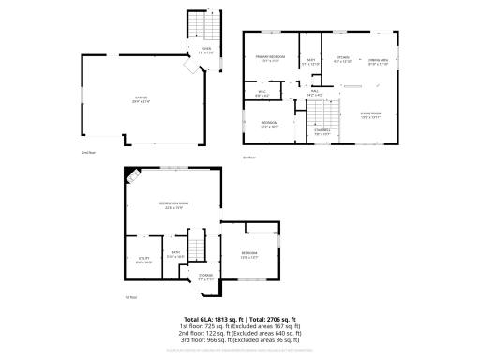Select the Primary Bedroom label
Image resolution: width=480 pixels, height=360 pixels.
[x=271, y=58]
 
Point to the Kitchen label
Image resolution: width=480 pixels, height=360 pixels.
[x=343, y=58]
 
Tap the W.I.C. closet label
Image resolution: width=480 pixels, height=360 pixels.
[x=262, y=93]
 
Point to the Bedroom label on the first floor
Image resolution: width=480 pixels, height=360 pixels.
[x=248, y=255]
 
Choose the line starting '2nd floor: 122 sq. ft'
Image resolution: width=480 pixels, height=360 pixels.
[x=241, y=334]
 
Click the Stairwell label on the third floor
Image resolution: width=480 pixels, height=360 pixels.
[x=322, y=132]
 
